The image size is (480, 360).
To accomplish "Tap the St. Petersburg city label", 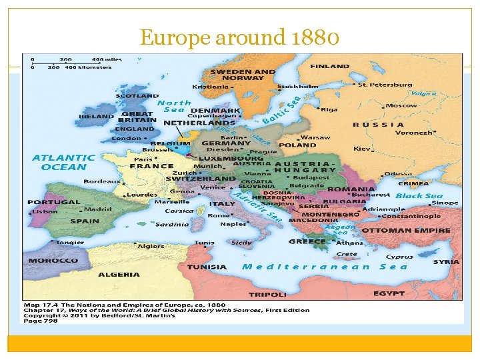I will pyautogui.click(x=385, y=85).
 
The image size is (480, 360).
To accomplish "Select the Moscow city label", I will pyautogui.click(x=401, y=105).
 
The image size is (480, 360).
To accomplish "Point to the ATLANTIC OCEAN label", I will pyautogui.click(x=63, y=162).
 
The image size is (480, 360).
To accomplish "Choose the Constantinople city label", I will pyautogui.click(x=411, y=216).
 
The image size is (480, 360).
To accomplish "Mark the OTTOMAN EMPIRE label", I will pyautogui.click(x=415, y=231).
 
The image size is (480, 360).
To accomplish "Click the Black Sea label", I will pyautogui.click(x=419, y=196).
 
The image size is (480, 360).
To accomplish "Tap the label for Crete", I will pyautogui.click(x=347, y=254).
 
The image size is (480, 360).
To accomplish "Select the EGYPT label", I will pyautogui.click(x=389, y=293).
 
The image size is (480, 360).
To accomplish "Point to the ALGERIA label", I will pyautogui.click(x=119, y=274).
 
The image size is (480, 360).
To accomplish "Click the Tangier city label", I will pyautogui.click(x=70, y=243).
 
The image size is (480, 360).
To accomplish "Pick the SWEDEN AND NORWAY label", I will pyautogui.click(x=243, y=75).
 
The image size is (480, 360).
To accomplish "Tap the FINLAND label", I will pyautogui.click(x=329, y=66).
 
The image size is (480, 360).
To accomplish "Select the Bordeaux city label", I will pyautogui.click(x=102, y=181).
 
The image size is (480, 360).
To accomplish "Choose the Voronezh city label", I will pyautogui.click(x=413, y=133).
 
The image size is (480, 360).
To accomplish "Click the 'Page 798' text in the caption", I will pyautogui.click(x=41, y=321).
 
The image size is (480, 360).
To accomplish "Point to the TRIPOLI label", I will pyautogui.click(x=267, y=293).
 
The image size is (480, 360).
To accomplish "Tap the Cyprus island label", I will pyautogui.click(x=399, y=256).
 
